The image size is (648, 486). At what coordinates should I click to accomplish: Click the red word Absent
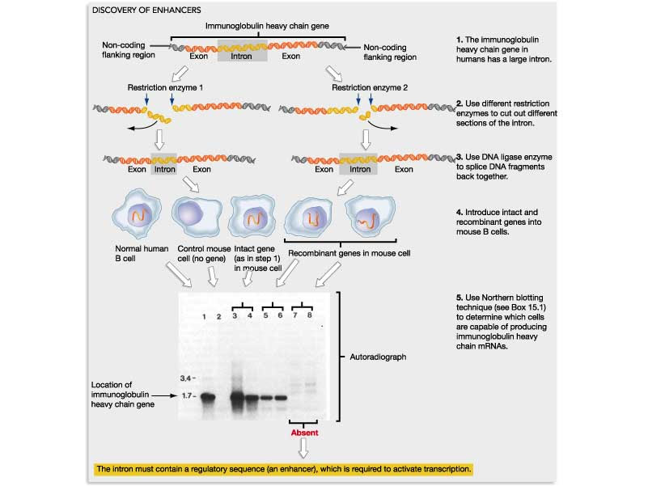[x=303, y=433]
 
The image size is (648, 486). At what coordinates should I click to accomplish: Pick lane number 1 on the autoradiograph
[x=205, y=315]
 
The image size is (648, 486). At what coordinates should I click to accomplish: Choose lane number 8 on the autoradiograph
[x=309, y=315]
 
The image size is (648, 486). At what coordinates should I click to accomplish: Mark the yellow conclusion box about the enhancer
[x=282, y=469]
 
